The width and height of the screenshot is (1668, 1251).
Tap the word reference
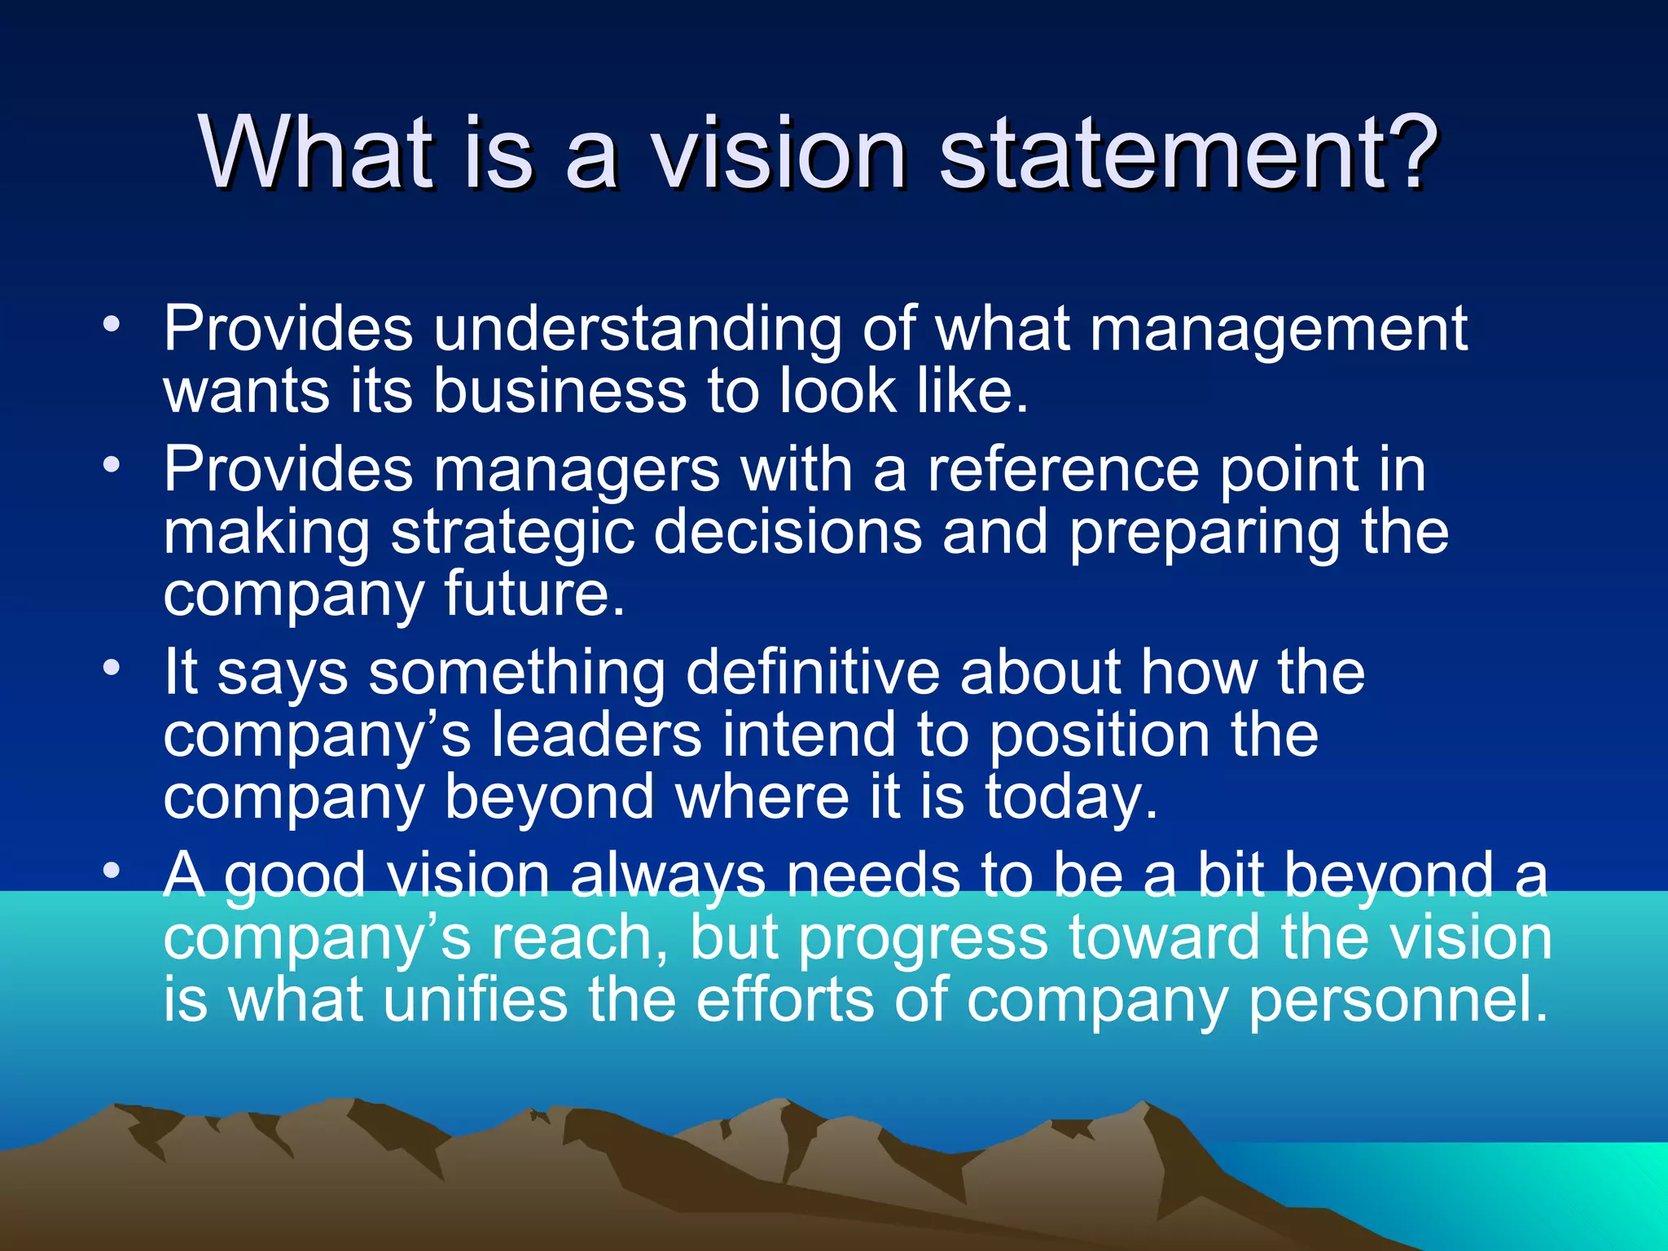pyautogui.click(x=1064, y=471)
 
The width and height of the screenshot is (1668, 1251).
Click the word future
pyautogui.click(x=534, y=594)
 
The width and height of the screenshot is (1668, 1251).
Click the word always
pyautogui.click(x=668, y=876)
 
